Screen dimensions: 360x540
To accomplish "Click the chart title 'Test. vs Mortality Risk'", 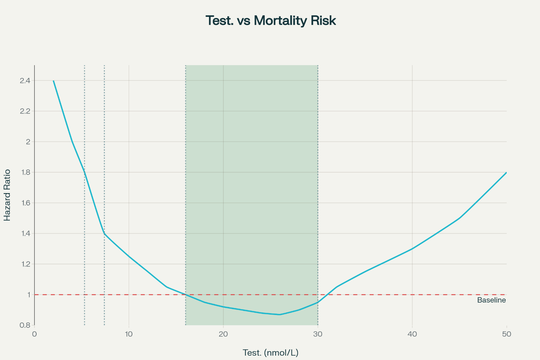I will (x=271, y=20).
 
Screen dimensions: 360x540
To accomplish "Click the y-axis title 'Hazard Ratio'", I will (x=7, y=195).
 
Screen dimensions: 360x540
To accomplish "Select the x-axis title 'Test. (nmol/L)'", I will (x=271, y=353).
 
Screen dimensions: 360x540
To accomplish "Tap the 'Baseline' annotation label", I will (x=491, y=300).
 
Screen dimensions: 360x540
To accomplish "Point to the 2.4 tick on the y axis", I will (x=25, y=80).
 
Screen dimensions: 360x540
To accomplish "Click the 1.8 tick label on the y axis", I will (x=25, y=172).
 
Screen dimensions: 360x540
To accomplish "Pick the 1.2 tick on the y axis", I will (x=25, y=264).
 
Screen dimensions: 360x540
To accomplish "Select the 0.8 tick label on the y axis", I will (x=25, y=325).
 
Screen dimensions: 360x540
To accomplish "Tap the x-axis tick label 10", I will (x=129, y=334).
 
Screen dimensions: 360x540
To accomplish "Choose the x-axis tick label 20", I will (x=223, y=334).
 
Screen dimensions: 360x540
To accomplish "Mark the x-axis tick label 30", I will (x=318, y=334).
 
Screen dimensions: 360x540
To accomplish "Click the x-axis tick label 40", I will (x=412, y=334).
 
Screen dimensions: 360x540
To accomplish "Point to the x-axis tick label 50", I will (x=507, y=334).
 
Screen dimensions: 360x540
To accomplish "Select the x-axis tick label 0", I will (x=34, y=334).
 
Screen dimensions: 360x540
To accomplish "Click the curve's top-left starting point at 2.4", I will (x=53, y=80).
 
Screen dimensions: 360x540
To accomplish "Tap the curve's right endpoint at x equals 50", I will (x=506, y=172).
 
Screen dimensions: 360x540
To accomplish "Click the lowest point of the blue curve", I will (x=280, y=315).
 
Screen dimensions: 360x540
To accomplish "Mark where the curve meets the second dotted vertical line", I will (x=105, y=234).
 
